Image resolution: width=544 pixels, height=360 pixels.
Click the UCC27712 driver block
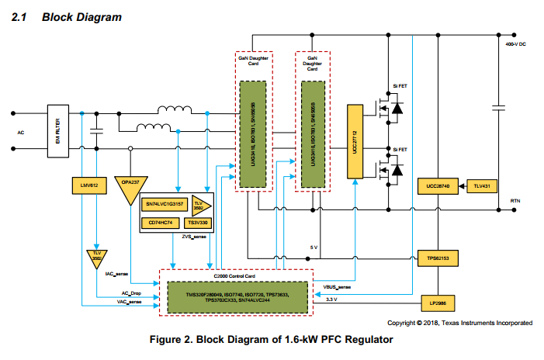click(x=355, y=140)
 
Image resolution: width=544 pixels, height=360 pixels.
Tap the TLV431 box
click(x=481, y=186)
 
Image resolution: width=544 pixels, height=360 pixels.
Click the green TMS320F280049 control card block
click(x=237, y=298)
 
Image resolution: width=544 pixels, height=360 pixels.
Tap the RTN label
click(x=515, y=201)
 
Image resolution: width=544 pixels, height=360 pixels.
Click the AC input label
click(x=21, y=133)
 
